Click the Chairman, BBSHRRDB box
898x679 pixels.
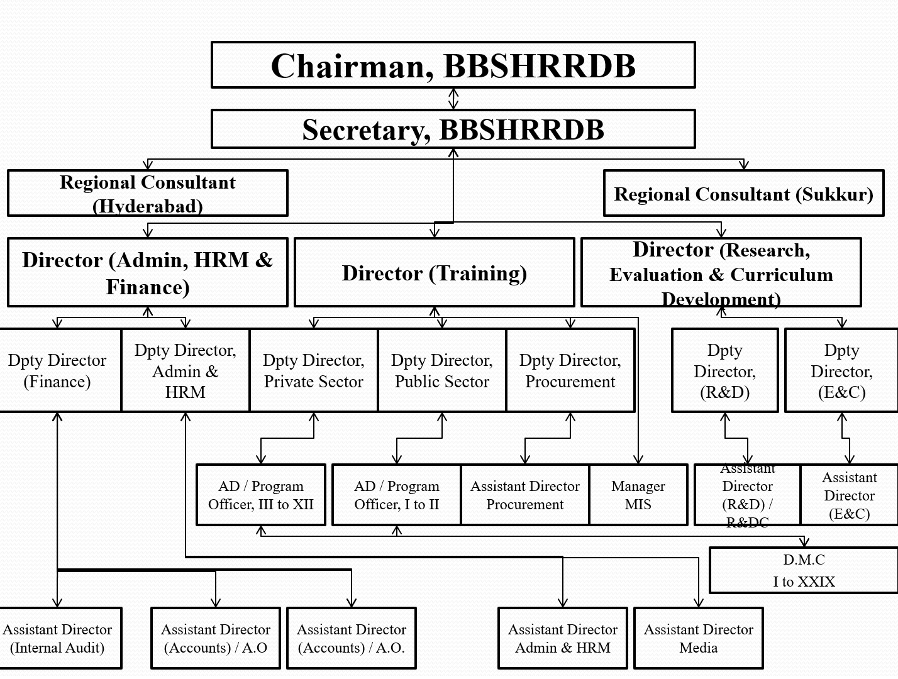(453, 65)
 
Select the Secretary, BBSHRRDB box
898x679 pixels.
(453, 130)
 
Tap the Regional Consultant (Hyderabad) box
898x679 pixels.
(148, 194)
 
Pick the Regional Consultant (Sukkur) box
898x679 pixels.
(743, 194)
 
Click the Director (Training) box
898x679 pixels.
(434, 273)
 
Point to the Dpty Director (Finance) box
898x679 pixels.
(57, 370)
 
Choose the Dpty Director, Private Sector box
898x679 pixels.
(313, 370)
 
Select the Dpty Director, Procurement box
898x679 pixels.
(570, 370)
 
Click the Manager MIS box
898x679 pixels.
(638, 495)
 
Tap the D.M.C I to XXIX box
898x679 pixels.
(804, 570)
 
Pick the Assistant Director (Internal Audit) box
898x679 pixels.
(57, 638)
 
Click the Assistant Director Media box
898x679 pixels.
(698, 638)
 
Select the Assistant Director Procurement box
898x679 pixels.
(524, 495)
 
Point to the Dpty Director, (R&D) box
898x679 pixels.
(724, 371)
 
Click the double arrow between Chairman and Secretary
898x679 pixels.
(453, 99)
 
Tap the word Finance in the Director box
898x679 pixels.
(147, 287)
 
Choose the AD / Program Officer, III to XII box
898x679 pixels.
(260, 495)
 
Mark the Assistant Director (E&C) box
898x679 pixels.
(849, 495)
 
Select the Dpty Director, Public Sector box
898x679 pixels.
(441, 370)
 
